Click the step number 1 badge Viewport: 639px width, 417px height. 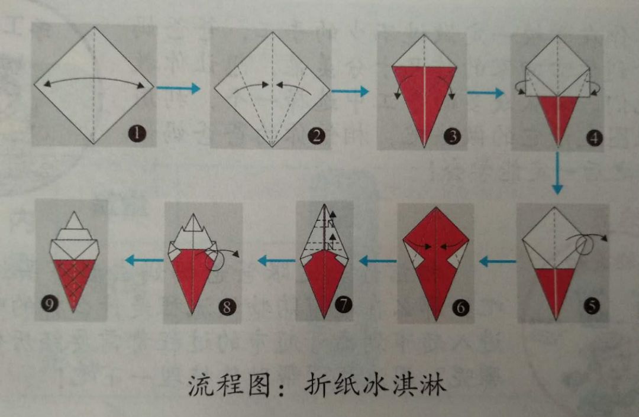point(137,133)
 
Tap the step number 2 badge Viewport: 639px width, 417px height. point(317,135)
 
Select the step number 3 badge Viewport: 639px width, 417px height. point(453,136)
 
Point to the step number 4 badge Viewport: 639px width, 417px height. point(594,138)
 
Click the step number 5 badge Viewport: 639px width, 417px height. point(591,306)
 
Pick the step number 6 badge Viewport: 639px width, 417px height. point(460,306)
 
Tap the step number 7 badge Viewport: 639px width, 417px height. point(343,304)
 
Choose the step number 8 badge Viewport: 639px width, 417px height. point(227,306)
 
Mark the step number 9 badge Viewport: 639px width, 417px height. point(50,304)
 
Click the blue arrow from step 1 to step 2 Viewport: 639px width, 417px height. point(179,88)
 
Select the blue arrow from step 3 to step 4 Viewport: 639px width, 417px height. point(485,93)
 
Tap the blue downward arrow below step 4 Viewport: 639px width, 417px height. point(557,173)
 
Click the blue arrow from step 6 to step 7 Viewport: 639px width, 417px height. point(377,261)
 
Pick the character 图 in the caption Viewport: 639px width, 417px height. point(259,385)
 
